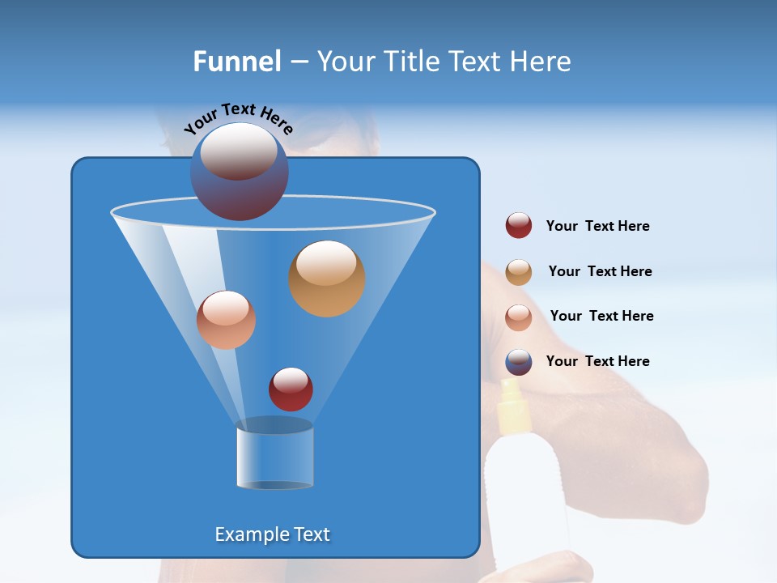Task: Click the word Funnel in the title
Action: pos(236,62)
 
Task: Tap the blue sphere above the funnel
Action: pos(240,172)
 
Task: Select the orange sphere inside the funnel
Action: pos(327,279)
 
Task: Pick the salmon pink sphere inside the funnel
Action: pos(226,320)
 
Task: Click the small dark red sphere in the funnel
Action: pos(291,389)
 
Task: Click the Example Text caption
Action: pos(272,534)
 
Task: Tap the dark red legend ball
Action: pos(519,225)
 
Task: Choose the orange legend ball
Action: pos(519,272)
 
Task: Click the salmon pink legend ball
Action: pos(519,317)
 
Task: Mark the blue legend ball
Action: pos(519,362)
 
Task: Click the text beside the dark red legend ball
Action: pos(597,226)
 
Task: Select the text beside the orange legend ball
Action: pos(600,271)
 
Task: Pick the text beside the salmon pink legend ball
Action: pos(601,316)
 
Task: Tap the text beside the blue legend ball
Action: pos(597,361)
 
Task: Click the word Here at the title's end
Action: pos(541,62)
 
